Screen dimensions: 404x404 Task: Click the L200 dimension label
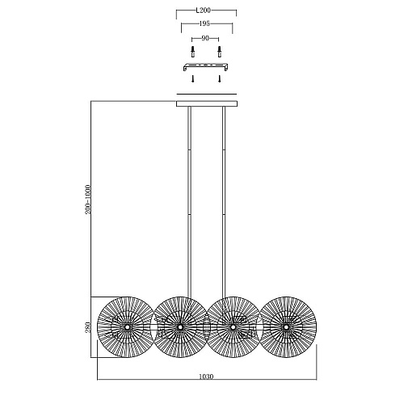click(203, 11)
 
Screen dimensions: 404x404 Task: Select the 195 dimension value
click(204, 23)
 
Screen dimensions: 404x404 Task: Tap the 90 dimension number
click(205, 39)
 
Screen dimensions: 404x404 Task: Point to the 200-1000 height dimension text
click(88, 200)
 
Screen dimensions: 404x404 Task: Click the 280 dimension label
click(88, 327)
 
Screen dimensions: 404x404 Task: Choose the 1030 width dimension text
click(206, 377)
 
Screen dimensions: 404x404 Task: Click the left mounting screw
click(192, 52)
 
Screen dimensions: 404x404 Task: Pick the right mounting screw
click(219, 52)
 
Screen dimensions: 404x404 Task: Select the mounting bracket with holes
click(206, 67)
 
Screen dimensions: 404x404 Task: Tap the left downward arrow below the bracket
click(192, 79)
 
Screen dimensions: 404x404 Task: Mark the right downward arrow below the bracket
click(220, 79)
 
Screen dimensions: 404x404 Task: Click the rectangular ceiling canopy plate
click(207, 103)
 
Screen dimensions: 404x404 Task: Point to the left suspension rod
click(189, 202)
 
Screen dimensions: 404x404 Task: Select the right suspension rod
click(224, 202)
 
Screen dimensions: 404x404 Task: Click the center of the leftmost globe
click(126, 327)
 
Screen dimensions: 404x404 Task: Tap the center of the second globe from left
click(179, 327)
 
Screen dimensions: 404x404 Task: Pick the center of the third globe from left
click(233, 327)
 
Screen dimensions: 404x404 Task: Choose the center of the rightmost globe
click(286, 327)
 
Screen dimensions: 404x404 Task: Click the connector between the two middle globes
click(206, 327)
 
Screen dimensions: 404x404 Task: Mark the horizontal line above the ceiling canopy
click(207, 95)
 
